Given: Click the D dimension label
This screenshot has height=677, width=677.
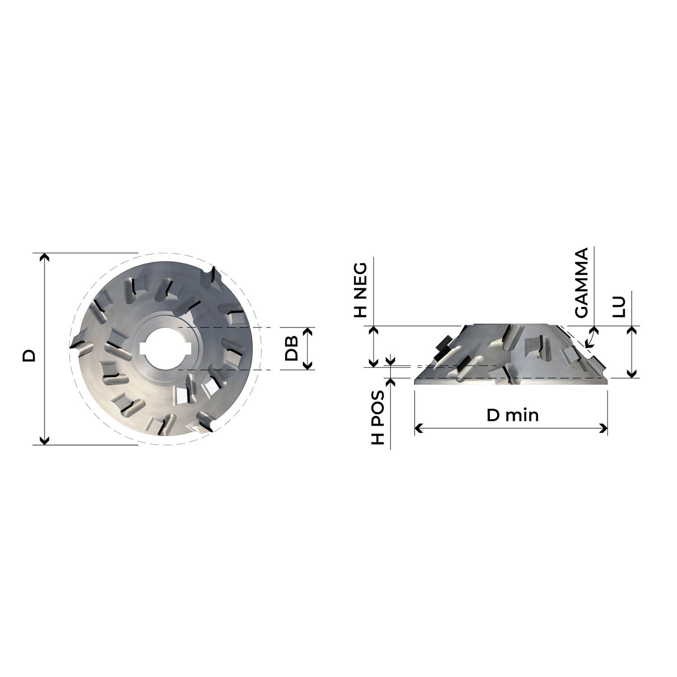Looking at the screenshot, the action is click(x=29, y=355).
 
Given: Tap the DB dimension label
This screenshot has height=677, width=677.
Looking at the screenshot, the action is click(x=292, y=348).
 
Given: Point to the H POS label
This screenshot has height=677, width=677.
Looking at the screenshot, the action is click(x=377, y=417).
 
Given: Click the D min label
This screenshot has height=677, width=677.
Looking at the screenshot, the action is click(x=513, y=415).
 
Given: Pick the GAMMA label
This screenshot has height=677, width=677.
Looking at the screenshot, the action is click(x=581, y=283).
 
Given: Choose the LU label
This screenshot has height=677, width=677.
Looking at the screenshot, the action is click(x=621, y=306).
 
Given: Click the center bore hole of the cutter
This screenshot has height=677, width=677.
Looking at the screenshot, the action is click(x=166, y=348).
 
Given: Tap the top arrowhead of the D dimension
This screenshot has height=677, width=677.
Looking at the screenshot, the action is click(x=44, y=257).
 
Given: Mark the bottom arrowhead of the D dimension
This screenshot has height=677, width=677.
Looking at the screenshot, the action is click(x=44, y=440).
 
